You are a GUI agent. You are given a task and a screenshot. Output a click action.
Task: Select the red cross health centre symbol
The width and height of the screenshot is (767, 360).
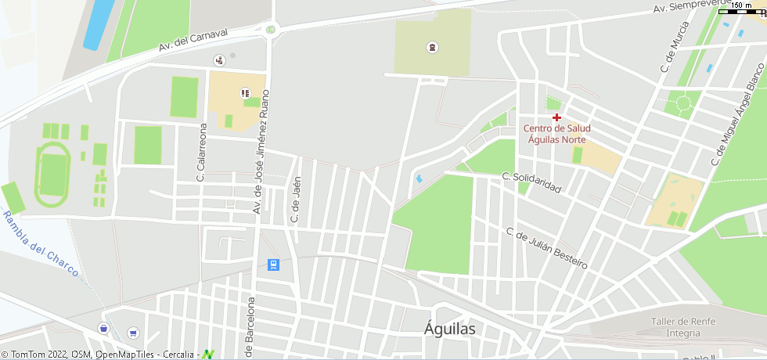coord(556,117)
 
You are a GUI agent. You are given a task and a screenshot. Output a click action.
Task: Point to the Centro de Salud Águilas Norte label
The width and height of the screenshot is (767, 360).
coord(556,134)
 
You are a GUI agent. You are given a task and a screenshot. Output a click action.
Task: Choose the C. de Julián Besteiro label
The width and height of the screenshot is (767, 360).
coord(546,248)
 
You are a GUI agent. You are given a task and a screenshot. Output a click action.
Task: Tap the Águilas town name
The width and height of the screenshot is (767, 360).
coord(450,329)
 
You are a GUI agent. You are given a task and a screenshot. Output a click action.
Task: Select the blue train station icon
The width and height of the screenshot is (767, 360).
coord(272,265)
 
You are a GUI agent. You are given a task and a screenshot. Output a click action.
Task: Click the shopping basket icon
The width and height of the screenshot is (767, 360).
coord(103,328)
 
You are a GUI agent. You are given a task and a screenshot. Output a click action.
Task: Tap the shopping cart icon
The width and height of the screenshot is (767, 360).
coord(132,333)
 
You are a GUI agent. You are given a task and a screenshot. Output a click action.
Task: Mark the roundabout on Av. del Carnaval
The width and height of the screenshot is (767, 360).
coord(272,30)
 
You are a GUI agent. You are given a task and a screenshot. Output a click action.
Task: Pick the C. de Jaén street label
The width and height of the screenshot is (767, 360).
coord(296,200)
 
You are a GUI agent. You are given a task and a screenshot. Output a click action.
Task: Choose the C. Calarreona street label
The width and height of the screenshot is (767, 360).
coord(201,153)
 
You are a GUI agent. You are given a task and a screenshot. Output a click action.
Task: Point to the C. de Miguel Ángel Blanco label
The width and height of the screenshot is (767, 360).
coord(736,114)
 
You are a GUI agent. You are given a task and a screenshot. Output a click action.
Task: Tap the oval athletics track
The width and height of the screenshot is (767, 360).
coord(52,174)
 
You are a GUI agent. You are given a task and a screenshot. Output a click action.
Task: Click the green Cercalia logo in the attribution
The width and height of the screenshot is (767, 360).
coord(208,355)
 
